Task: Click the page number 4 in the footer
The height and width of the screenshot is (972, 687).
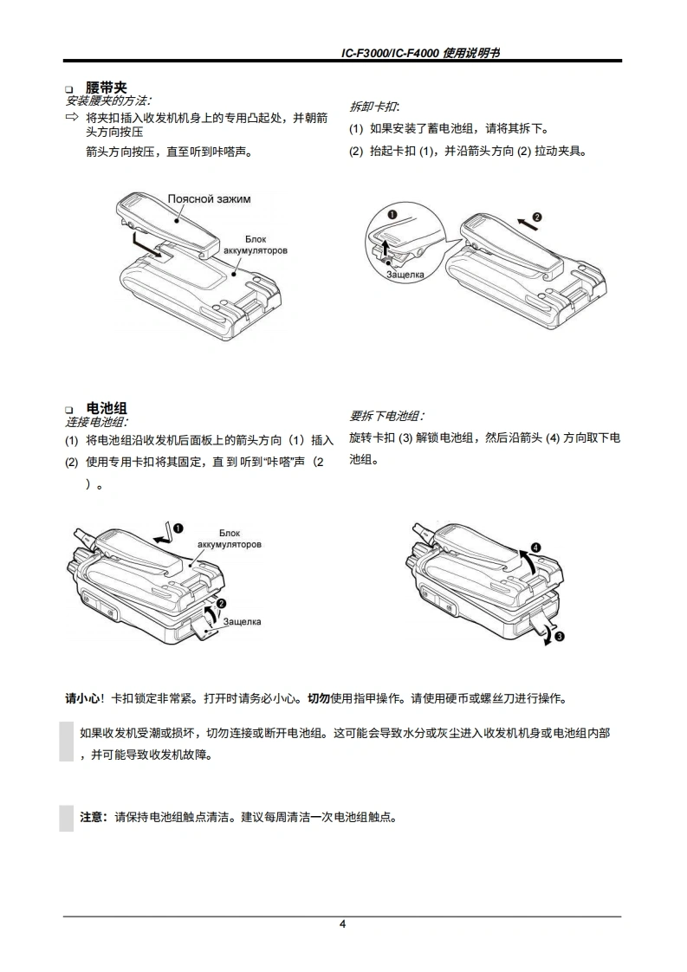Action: click(x=342, y=924)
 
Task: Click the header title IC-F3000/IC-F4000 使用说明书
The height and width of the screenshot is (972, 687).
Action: click(x=420, y=53)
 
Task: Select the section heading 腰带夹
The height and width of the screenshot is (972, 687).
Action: click(x=106, y=88)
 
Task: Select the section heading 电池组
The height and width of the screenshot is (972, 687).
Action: click(x=106, y=408)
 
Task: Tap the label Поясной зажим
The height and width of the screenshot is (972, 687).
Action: click(x=209, y=199)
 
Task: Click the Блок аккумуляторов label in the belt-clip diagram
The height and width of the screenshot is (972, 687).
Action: click(x=256, y=245)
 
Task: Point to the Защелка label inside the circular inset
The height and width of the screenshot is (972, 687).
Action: click(x=405, y=274)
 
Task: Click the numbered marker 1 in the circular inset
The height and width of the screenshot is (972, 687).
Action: click(x=392, y=215)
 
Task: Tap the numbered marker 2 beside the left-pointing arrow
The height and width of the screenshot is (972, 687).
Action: click(x=537, y=217)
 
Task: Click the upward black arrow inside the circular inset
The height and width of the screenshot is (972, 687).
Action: click(x=385, y=249)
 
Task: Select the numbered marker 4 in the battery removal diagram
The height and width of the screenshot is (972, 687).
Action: click(x=535, y=548)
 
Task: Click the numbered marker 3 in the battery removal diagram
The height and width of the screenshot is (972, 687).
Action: click(x=559, y=637)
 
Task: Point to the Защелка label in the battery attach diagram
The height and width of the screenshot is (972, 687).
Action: click(x=242, y=621)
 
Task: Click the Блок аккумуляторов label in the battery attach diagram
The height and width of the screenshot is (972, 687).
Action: click(x=230, y=539)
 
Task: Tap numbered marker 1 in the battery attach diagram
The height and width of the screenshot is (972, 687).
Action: click(x=178, y=528)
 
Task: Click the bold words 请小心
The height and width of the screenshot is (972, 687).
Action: click(x=82, y=698)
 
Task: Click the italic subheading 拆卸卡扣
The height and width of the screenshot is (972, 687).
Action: click(x=373, y=107)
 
